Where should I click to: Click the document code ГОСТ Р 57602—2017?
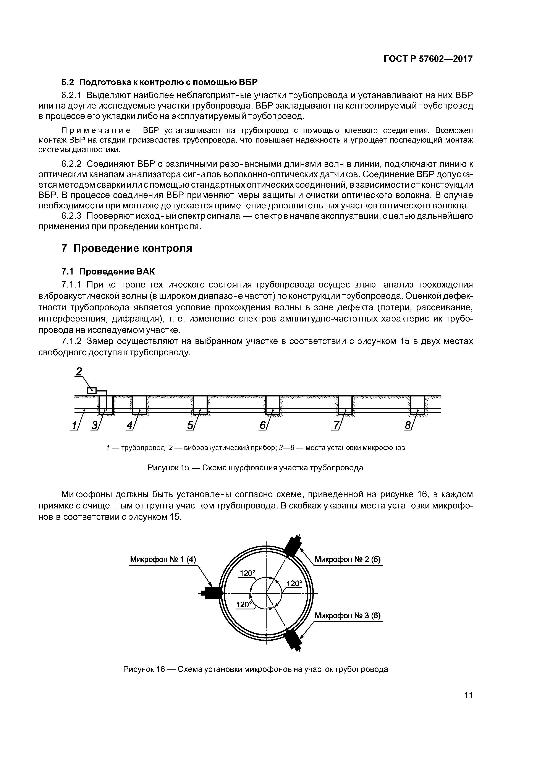(428, 59)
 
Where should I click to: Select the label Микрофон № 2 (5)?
(347, 559)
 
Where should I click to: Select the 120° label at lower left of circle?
(244, 604)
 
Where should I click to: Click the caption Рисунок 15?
(255, 468)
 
